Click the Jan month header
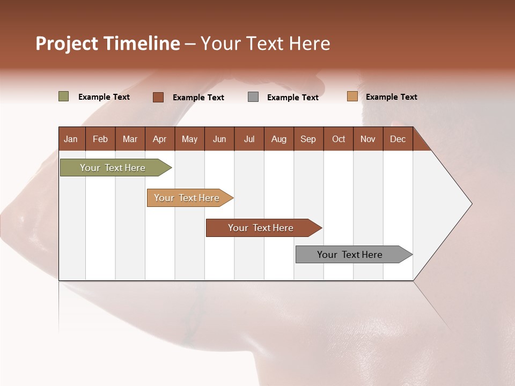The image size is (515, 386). pyautogui.click(x=71, y=139)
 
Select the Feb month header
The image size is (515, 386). pyautogui.click(x=100, y=139)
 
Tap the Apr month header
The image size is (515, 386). pyautogui.click(x=159, y=139)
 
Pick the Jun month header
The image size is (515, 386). pyautogui.click(x=219, y=139)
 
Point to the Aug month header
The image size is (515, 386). pyautogui.click(x=278, y=139)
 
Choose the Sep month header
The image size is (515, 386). pyautogui.click(x=308, y=139)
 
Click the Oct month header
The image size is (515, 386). pyautogui.click(x=339, y=139)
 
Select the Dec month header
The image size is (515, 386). pyautogui.click(x=398, y=139)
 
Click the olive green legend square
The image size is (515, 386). pyautogui.click(x=64, y=96)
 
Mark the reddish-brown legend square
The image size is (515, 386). pyautogui.click(x=158, y=97)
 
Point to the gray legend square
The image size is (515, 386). pyautogui.click(x=253, y=97)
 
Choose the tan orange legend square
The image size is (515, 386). pyautogui.click(x=352, y=96)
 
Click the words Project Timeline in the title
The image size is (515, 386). pyautogui.click(x=107, y=43)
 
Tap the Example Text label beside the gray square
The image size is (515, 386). pyautogui.click(x=293, y=98)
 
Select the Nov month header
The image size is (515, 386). pyautogui.click(x=368, y=139)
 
